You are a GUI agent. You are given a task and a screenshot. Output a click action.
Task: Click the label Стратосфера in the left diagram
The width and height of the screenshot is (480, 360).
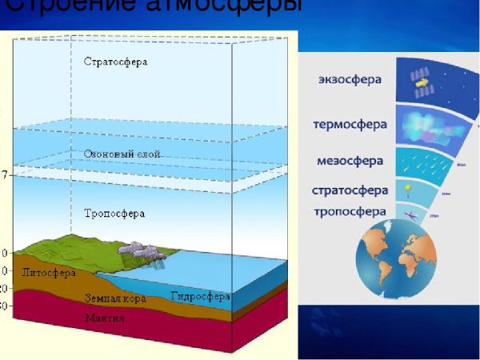[x=116, y=62]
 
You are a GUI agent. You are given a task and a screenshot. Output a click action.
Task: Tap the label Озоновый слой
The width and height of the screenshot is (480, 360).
[x=122, y=154]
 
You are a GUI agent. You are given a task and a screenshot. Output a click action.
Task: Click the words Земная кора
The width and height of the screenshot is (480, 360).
[x=112, y=298]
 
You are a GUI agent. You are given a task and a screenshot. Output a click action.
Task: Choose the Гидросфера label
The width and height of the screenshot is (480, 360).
[x=200, y=296]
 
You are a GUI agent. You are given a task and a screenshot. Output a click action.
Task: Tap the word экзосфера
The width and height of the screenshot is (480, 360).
[x=350, y=80]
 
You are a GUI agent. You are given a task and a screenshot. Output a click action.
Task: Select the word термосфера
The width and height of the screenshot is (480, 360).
[x=350, y=125]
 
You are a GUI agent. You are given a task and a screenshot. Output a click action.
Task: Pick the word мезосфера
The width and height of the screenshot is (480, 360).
[x=350, y=160]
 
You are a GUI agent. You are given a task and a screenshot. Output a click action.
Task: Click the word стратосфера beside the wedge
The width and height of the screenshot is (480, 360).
[x=350, y=191]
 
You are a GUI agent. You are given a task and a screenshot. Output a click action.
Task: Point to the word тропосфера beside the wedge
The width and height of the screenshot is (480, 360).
[x=350, y=212]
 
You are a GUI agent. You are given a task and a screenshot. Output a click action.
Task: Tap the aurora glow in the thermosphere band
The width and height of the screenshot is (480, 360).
[x=428, y=126]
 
